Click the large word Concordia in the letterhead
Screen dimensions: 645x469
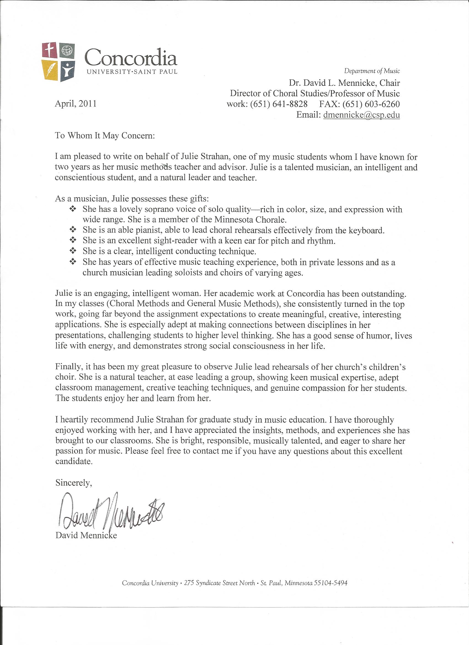click(131, 57)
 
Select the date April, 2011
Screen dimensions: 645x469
click(76, 104)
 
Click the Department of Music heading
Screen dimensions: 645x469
click(372, 71)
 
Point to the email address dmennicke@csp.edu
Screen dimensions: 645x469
click(361, 115)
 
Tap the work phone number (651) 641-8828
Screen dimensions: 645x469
click(279, 104)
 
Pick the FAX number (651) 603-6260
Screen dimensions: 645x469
click(371, 104)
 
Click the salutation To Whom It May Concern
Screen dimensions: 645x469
click(105, 135)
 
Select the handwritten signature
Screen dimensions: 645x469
click(111, 512)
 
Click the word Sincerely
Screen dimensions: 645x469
click(74, 483)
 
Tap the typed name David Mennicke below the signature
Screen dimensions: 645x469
click(86, 535)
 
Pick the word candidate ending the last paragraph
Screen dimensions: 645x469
click(74, 461)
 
